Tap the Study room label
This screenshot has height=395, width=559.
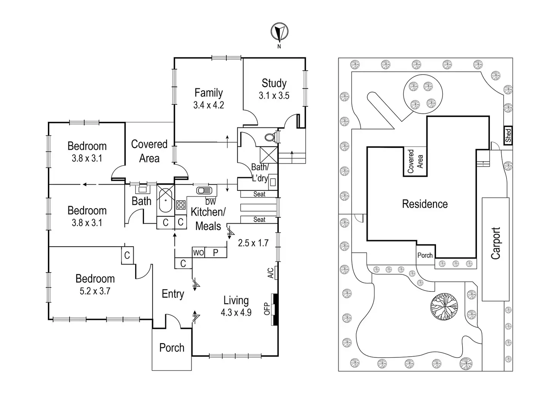(x=274, y=83)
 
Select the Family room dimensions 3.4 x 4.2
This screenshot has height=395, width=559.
(x=208, y=105)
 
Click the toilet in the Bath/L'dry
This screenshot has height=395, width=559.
(x=270, y=137)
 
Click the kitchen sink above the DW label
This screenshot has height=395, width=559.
(x=205, y=190)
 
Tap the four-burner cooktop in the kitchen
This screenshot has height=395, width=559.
(x=180, y=205)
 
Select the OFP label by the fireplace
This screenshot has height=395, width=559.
(x=267, y=308)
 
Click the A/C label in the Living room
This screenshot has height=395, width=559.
(x=270, y=273)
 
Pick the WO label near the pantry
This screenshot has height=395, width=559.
(x=198, y=253)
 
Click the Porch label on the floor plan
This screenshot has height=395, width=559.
(x=172, y=348)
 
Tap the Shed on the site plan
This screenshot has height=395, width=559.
(x=508, y=135)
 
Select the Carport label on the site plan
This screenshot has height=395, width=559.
(x=496, y=243)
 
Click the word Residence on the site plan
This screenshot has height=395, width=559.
(x=425, y=204)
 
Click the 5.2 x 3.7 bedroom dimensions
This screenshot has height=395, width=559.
(x=95, y=291)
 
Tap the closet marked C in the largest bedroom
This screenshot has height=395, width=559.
(x=127, y=255)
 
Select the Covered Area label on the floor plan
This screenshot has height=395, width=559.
(x=149, y=151)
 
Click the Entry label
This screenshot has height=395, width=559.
(x=173, y=294)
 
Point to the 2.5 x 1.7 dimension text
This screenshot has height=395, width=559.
(x=253, y=243)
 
